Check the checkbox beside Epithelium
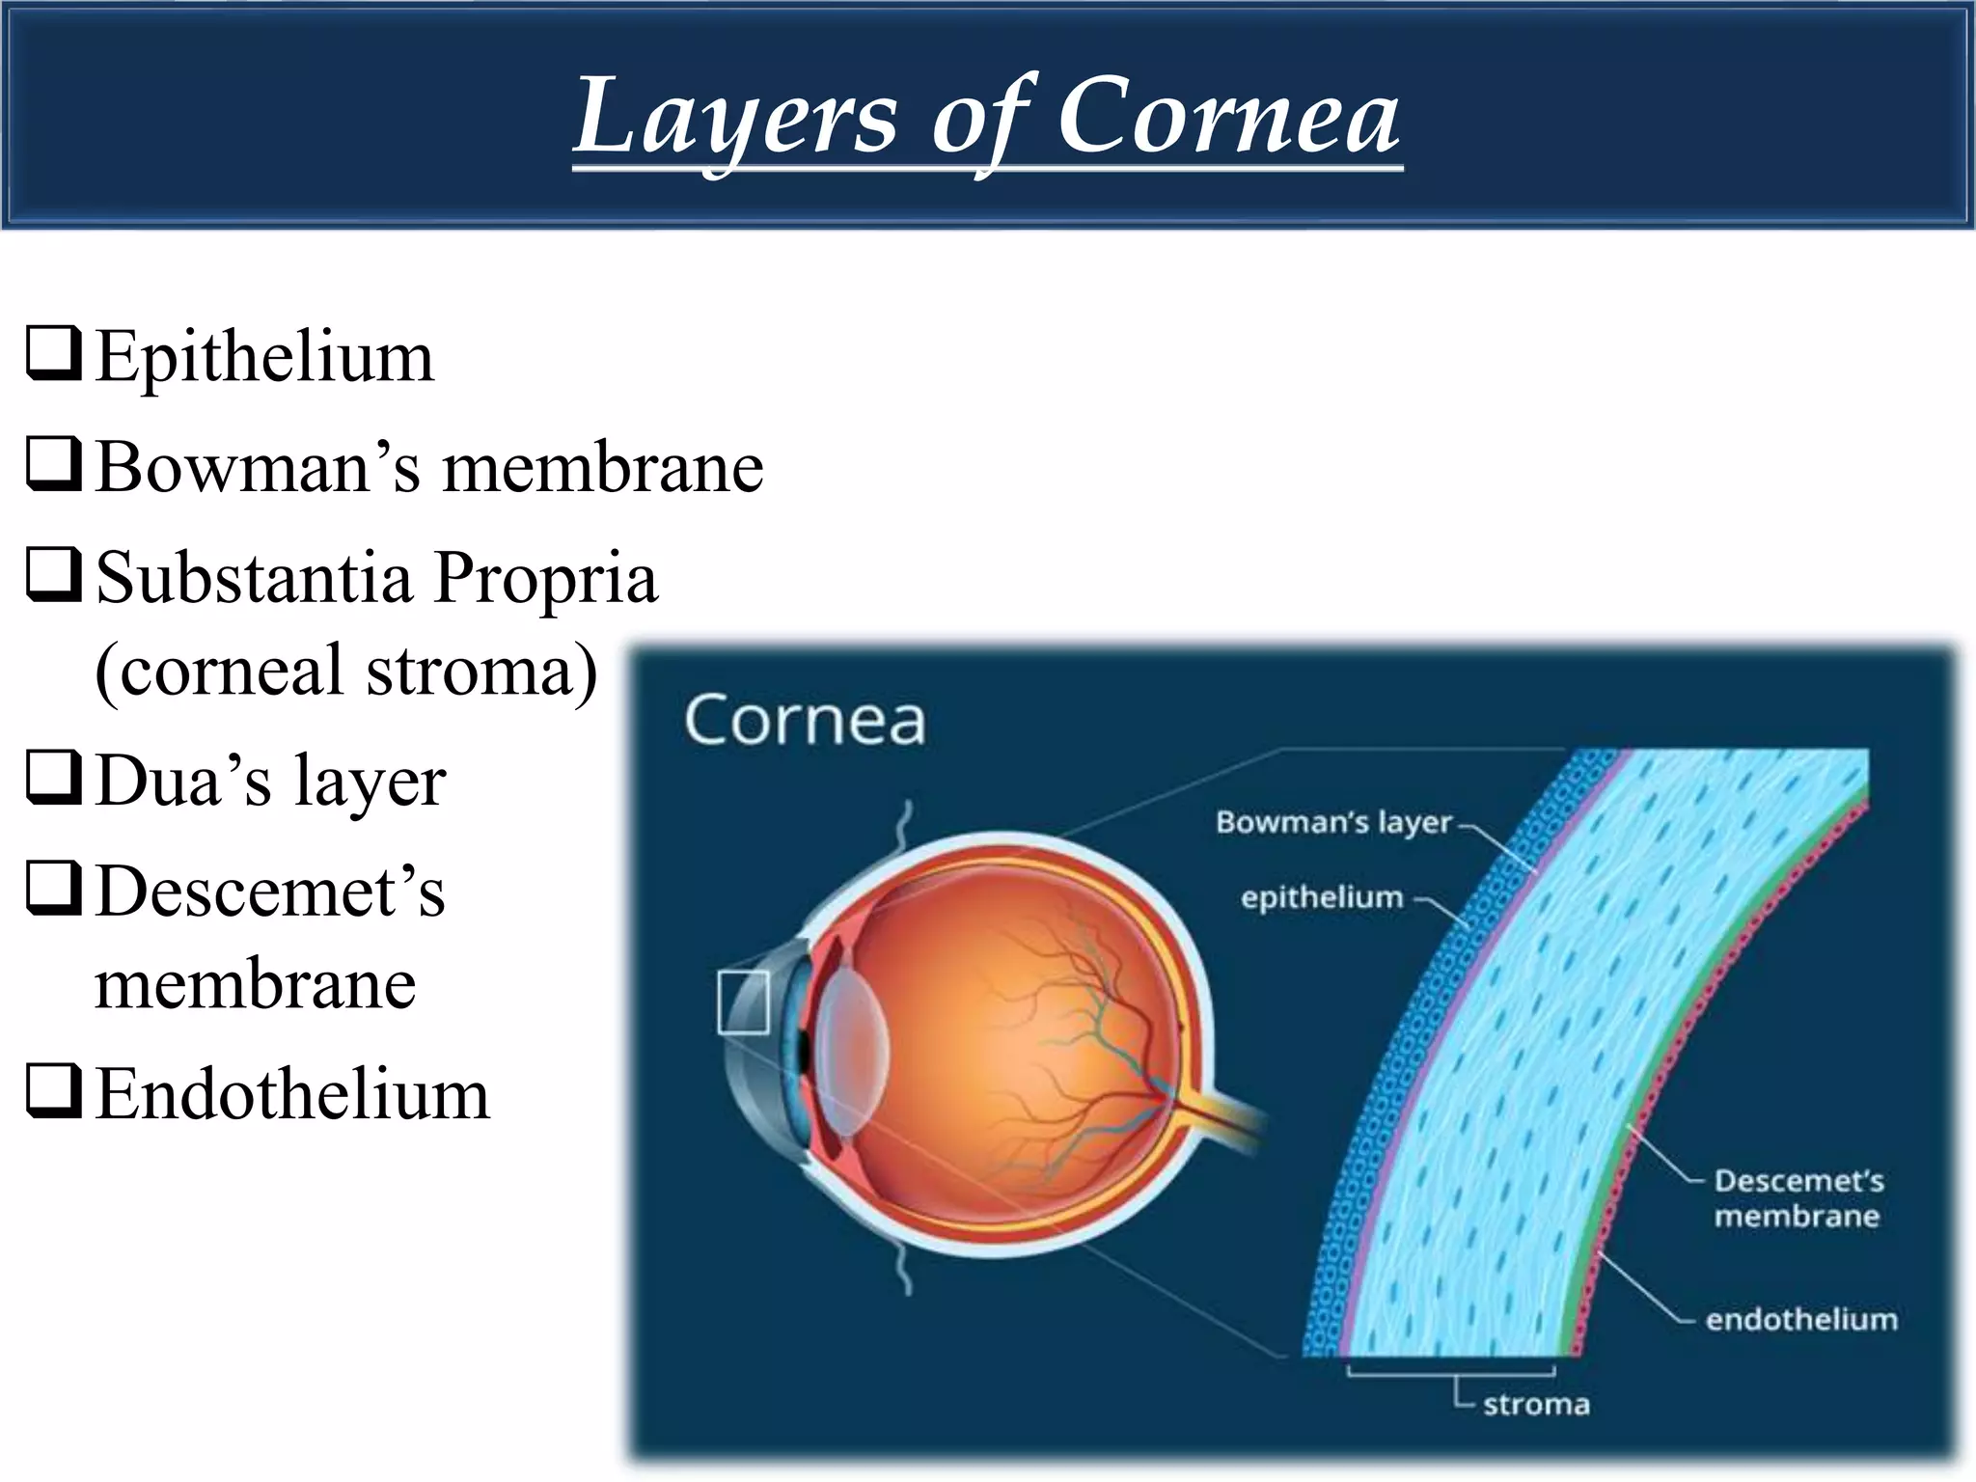point(53,354)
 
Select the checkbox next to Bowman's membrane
point(53,465)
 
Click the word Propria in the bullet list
point(546,578)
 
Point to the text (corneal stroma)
point(345,671)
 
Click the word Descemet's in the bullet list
point(271,891)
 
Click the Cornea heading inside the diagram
point(805,721)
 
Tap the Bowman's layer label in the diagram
point(1333,822)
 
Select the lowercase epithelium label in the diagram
point(1322,897)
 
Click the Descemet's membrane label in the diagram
point(1798,1197)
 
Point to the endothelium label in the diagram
point(1800,1319)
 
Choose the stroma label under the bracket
point(1536,1404)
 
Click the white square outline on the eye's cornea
point(743,1002)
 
